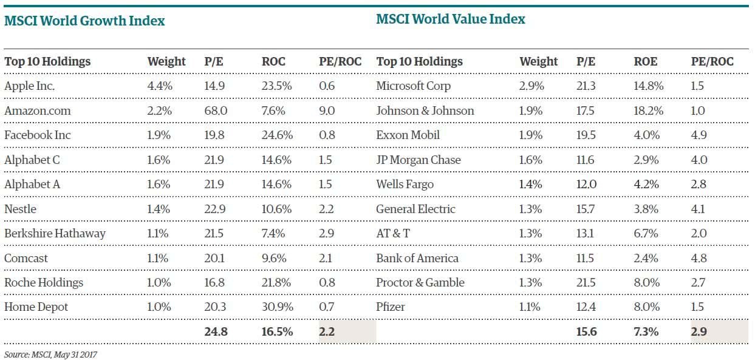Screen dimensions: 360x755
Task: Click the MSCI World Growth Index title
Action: pos(84,21)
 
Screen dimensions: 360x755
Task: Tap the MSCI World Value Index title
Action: pos(450,19)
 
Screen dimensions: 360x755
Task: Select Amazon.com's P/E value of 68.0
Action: pos(214,110)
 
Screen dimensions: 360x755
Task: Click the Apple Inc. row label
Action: pos(29,86)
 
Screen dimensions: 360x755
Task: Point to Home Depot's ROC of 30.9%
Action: pos(276,307)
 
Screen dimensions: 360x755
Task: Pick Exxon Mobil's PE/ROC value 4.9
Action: pos(699,135)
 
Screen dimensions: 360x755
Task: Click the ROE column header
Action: pos(645,61)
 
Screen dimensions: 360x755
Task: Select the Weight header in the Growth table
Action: pos(166,61)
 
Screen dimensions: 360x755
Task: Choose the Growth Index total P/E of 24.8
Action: pos(214,332)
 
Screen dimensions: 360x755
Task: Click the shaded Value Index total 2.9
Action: pos(699,332)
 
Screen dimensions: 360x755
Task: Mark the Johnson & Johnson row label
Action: pos(425,110)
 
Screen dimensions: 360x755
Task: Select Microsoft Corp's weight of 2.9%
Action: pos(531,86)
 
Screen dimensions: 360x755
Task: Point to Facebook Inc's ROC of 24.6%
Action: pos(276,135)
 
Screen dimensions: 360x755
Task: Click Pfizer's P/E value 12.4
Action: pos(586,307)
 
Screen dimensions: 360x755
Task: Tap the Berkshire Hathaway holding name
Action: pos(55,234)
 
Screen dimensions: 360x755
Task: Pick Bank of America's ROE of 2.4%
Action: pos(646,258)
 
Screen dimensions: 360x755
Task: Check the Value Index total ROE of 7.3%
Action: pos(646,332)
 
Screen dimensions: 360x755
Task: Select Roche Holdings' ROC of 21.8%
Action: pos(276,283)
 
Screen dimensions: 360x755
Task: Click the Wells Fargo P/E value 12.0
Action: pos(586,185)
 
